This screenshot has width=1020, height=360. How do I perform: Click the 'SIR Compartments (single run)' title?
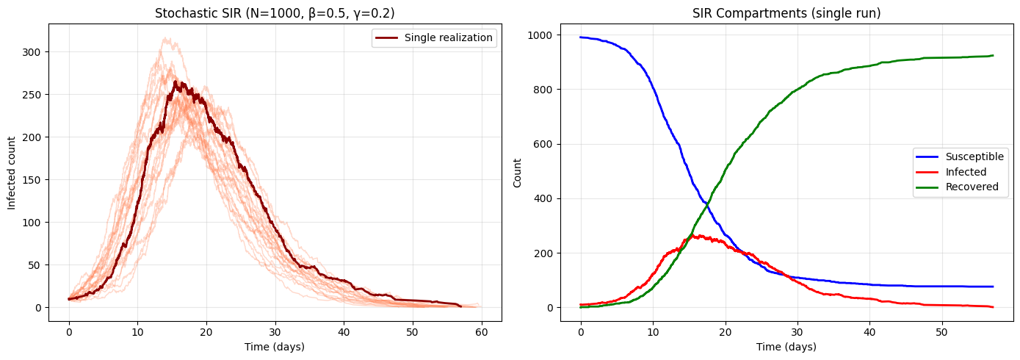tap(786, 13)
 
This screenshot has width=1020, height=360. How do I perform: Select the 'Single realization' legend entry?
tap(448, 38)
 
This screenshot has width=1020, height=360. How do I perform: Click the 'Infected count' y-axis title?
tap(12, 172)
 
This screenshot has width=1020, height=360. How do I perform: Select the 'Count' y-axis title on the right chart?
tap(517, 172)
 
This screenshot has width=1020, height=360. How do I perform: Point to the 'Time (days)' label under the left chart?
tap(275, 347)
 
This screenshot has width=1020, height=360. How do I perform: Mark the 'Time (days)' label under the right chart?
tap(786, 347)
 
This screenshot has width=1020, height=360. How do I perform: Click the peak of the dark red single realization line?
tap(175, 82)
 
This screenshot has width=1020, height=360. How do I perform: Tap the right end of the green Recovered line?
tap(993, 56)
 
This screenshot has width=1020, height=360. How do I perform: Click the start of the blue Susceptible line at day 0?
tap(581, 37)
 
